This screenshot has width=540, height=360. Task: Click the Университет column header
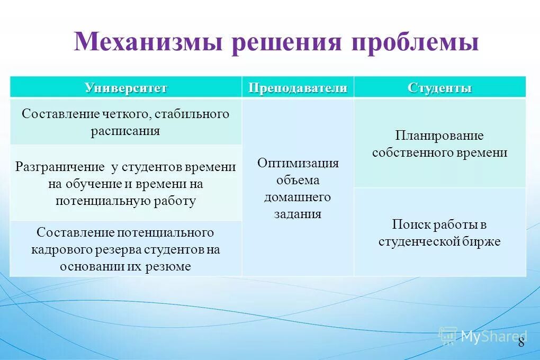click(x=126, y=88)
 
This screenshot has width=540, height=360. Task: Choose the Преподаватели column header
click(x=298, y=88)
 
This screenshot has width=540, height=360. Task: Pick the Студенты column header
click(x=439, y=88)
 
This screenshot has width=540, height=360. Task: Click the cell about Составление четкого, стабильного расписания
click(x=125, y=122)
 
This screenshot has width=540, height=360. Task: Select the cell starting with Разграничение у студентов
click(x=125, y=184)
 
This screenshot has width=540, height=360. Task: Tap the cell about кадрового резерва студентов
click(x=125, y=249)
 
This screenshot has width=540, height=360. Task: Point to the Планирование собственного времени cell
click(x=439, y=144)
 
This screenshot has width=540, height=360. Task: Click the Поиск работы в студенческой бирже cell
click(x=439, y=233)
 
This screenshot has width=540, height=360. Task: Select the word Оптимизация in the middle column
click(x=298, y=163)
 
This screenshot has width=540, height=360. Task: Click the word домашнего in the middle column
click(x=298, y=197)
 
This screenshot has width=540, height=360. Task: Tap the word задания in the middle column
click(x=298, y=214)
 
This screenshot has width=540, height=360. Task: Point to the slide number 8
click(x=521, y=342)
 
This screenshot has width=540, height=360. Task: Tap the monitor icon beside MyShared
click(x=448, y=336)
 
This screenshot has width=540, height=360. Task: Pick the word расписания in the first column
click(x=125, y=131)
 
